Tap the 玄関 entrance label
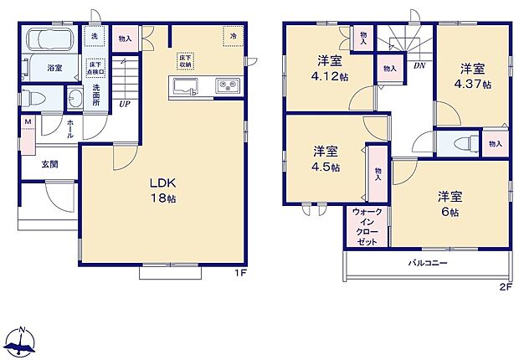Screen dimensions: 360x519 (x=51, y=165)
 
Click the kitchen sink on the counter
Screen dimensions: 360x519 (x=185, y=85)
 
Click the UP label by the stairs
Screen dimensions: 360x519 (x=124, y=105)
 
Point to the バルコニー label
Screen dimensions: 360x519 (x=428, y=263)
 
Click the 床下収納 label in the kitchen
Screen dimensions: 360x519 (x=185, y=59)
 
